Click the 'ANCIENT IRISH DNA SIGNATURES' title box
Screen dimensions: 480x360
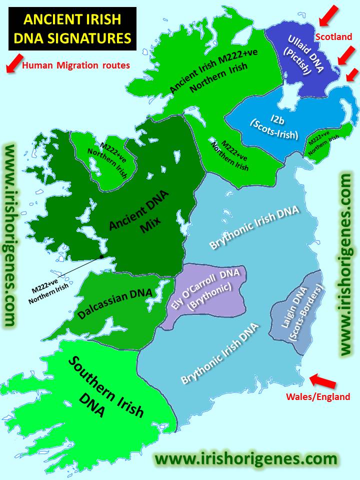coord(72,28)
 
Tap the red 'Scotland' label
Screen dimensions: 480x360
coord(333,36)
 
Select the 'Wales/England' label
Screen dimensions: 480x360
coord(318,396)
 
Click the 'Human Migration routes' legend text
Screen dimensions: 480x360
coord(76,64)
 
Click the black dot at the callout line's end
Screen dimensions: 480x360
coord(101,256)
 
